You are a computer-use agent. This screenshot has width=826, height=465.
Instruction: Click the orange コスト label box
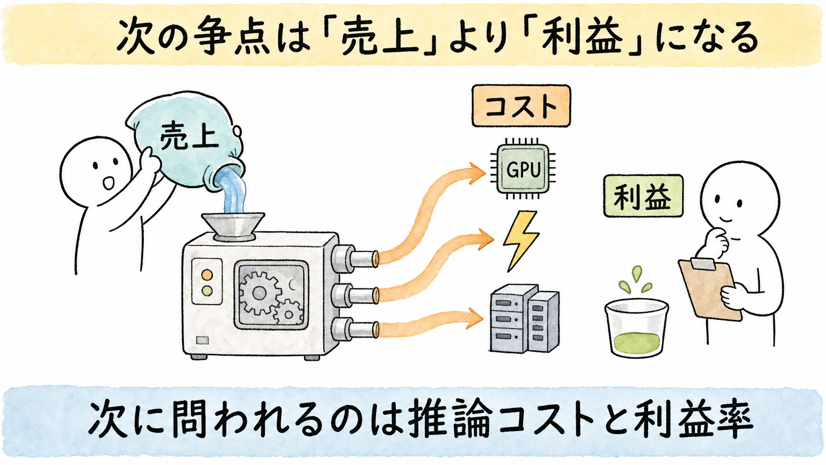click(521, 106)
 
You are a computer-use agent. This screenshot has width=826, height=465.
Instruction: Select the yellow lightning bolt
click(522, 241)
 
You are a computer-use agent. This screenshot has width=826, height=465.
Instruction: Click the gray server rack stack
click(524, 318)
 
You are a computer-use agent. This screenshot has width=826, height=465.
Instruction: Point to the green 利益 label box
click(643, 195)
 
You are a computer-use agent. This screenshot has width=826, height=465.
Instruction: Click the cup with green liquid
click(637, 328)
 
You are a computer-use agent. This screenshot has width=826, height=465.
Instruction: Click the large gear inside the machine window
click(259, 293)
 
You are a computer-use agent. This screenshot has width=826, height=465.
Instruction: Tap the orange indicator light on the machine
click(207, 274)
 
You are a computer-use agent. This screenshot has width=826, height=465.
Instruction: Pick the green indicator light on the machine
click(207, 291)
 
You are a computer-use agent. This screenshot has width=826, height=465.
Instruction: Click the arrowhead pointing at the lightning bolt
click(486, 239)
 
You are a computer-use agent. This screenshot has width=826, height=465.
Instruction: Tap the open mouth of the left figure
click(109, 182)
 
